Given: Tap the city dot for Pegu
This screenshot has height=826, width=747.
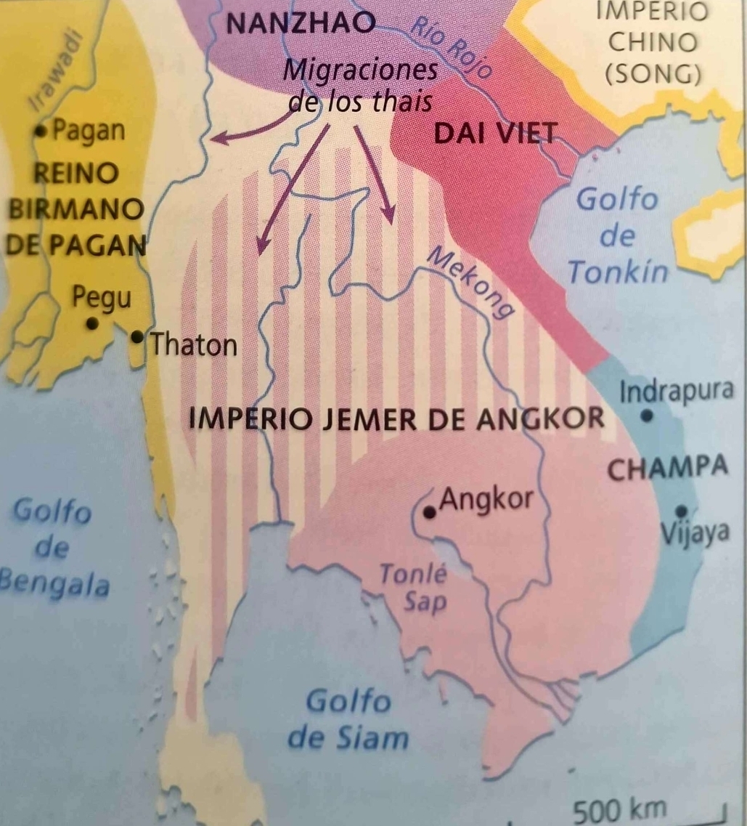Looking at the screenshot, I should coord(91,324).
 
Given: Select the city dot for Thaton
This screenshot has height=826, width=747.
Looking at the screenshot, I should coord(137,336).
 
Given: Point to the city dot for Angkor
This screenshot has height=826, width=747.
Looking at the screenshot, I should coord(430,512).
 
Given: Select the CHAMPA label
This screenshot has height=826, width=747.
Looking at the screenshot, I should coord(666,468).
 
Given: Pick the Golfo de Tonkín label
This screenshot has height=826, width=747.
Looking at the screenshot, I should coord(617,236).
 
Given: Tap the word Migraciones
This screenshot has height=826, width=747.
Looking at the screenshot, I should coord(360,72).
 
